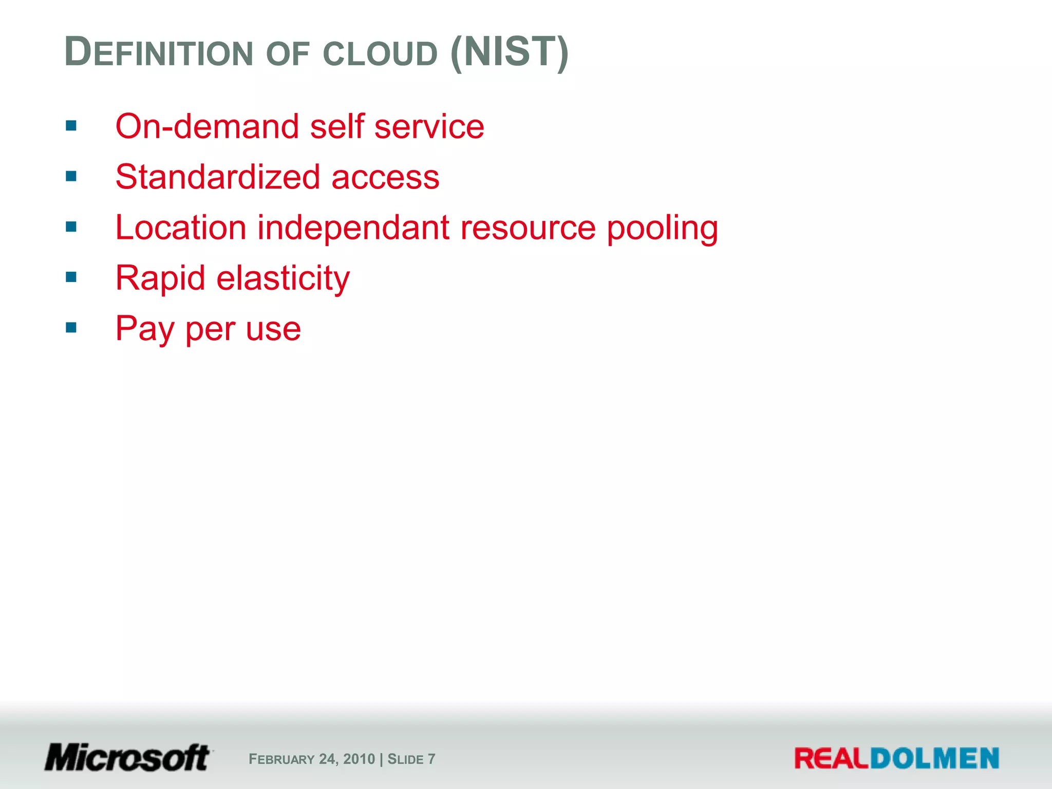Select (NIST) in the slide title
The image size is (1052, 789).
[509, 52]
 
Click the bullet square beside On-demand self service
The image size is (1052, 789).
[71, 126]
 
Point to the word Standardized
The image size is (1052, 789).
[218, 177]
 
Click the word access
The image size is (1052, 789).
[385, 178]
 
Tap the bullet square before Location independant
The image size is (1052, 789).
[71, 227]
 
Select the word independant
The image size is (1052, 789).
[353, 227]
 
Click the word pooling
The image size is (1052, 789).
[662, 228]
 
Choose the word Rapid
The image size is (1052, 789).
[160, 278]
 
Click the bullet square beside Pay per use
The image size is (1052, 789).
[71, 327]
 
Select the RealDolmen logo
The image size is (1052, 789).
[896, 759]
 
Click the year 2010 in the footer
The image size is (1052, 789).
[359, 759]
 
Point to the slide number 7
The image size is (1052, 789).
[431, 759]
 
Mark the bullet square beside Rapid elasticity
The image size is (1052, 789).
[71, 277]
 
